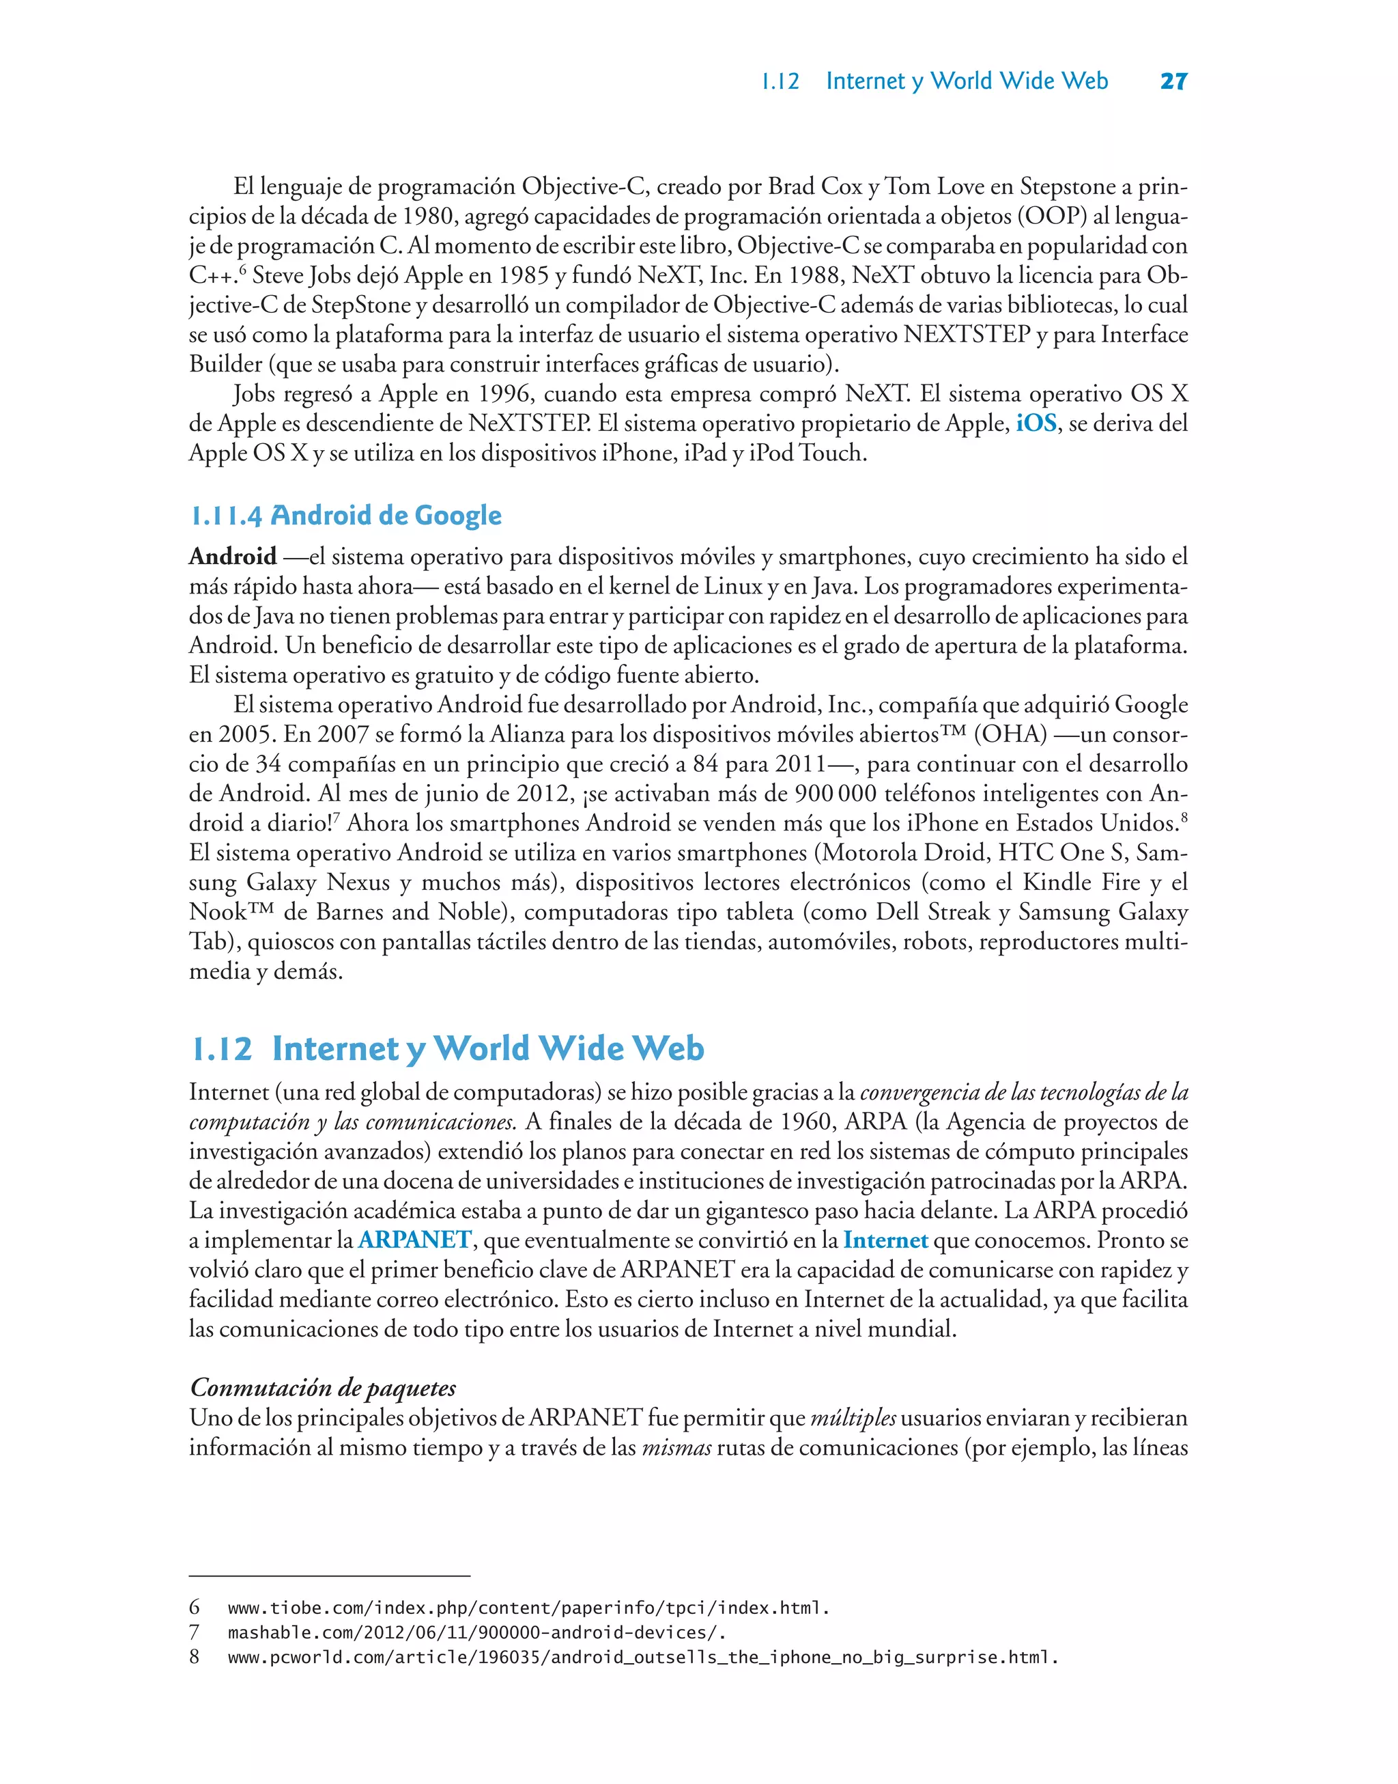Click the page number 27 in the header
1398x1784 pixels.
coord(1173,81)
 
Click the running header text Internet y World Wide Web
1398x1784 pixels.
coord(967,81)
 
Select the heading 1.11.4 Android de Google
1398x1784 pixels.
coord(345,516)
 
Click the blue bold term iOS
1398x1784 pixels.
coord(1036,423)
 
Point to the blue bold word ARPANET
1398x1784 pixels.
coord(414,1240)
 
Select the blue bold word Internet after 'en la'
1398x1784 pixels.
coord(885,1240)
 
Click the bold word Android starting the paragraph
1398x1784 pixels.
coord(233,557)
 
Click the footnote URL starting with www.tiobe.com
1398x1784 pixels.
coord(528,1608)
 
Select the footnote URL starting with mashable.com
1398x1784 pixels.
coord(476,1632)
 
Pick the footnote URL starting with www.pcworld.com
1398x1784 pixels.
coord(642,1657)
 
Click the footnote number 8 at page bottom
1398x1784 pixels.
coord(194,1657)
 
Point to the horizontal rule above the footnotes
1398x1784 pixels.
coord(329,1575)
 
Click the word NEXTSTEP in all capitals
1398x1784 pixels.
coord(966,335)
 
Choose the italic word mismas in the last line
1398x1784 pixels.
coord(676,1447)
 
